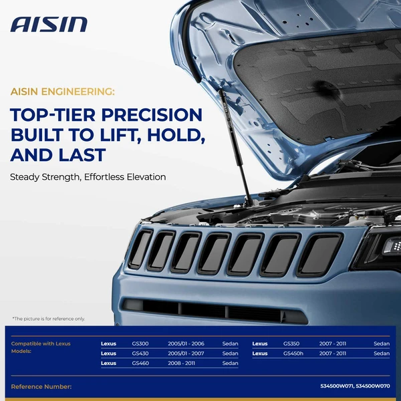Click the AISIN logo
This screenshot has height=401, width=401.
point(49,25)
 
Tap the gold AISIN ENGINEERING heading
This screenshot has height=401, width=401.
point(62,91)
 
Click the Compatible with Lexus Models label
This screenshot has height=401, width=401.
point(41,347)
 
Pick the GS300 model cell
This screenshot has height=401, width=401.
point(140,344)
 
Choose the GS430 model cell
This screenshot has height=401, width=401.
point(140,353)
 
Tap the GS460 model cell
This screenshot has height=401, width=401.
point(140,363)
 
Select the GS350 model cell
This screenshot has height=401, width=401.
point(292,344)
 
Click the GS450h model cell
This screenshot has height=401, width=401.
point(293,353)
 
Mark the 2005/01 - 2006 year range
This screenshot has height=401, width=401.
point(186,344)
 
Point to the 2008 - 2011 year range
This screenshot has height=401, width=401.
point(181,363)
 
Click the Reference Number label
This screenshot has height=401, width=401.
point(41,386)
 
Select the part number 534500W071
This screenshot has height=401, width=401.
point(336,386)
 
